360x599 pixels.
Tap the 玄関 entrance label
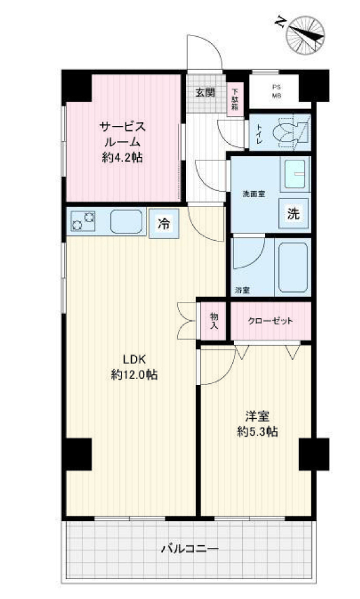coord(205,93)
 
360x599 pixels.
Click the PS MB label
coord(276,92)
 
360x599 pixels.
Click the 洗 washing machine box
coord(293,213)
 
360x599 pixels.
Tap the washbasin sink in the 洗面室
coord(295,174)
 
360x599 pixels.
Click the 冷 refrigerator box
coord(164,223)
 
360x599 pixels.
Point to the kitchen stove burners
coord(84,222)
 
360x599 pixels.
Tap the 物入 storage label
coord(214,321)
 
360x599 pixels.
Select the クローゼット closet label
coord(270,321)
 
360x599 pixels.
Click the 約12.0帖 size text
coord(134,375)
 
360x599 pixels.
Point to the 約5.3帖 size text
coord(257,432)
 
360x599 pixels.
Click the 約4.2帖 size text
coord(122,157)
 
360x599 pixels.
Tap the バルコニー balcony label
coord(190,549)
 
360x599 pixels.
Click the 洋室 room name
coord(257,416)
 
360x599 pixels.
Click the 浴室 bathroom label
coord(242,290)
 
